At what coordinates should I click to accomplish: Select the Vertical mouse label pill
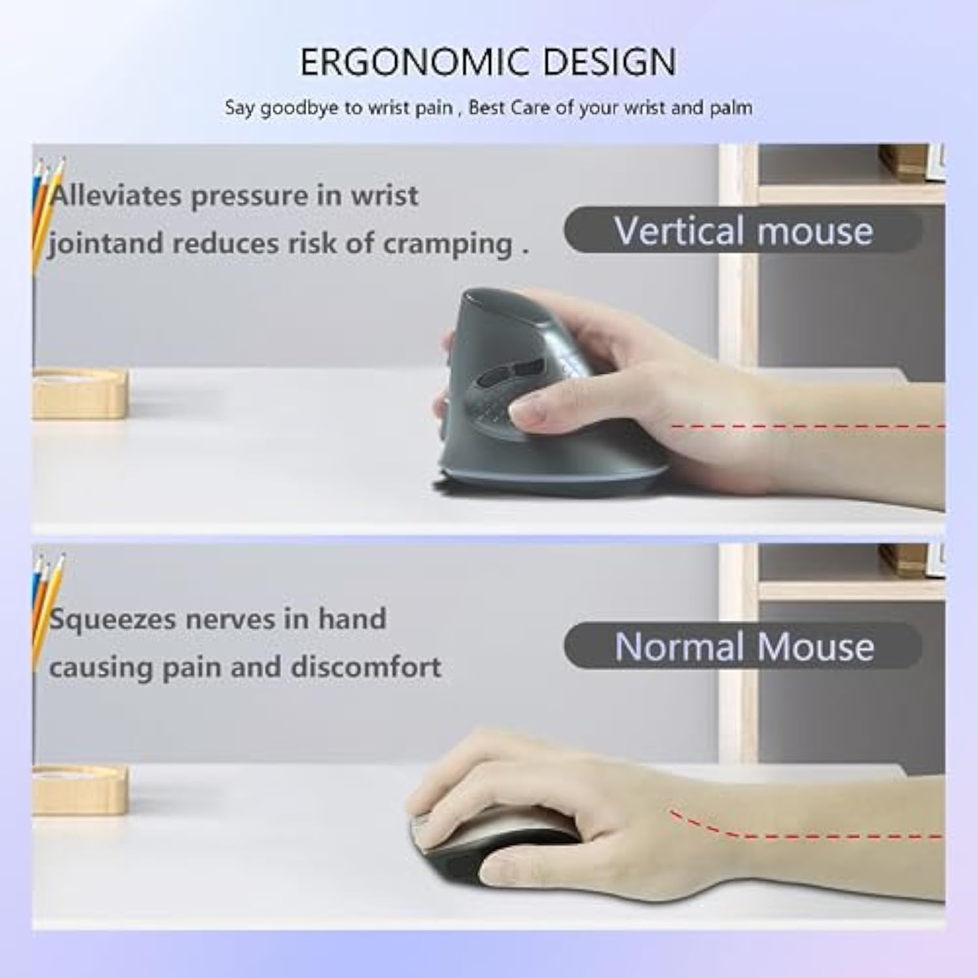[743, 231]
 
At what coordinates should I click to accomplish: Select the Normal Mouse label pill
[743, 646]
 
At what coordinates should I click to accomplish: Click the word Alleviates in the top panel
[115, 196]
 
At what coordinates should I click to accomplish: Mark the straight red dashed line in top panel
[808, 426]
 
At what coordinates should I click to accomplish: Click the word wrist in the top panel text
[385, 196]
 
